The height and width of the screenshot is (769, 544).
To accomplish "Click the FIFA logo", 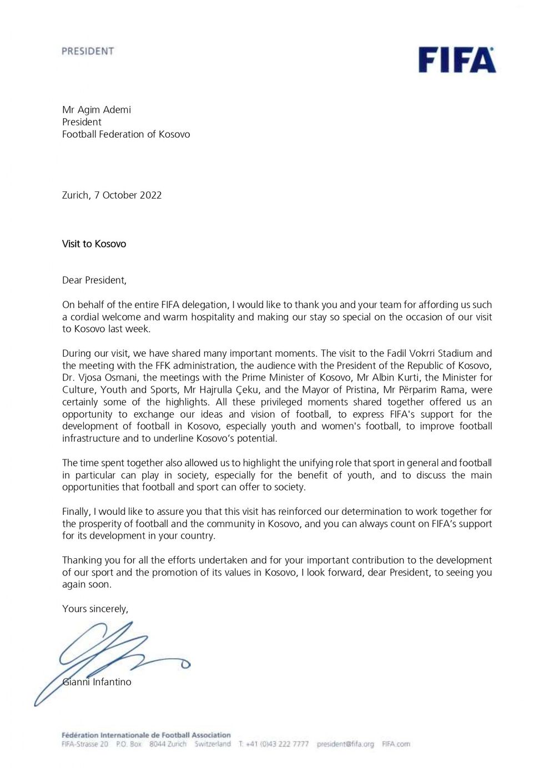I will [457, 60].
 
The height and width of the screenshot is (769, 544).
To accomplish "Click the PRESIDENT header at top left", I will [88, 51].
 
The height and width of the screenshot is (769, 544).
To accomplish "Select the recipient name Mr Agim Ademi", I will [97, 110].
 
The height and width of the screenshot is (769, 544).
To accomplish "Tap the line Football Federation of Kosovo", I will [126, 134].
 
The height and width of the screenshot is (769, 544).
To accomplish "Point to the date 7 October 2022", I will [128, 195].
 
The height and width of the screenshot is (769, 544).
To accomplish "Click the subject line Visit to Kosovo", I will [94, 244].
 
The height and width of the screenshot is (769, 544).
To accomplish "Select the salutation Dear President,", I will [94, 280].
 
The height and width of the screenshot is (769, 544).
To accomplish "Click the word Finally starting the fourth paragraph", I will [76, 512].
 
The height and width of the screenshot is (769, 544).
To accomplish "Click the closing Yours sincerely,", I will [95, 609].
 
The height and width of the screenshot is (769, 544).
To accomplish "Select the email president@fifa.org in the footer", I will [345, 744].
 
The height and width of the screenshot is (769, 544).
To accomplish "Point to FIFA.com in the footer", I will [396, 744].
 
